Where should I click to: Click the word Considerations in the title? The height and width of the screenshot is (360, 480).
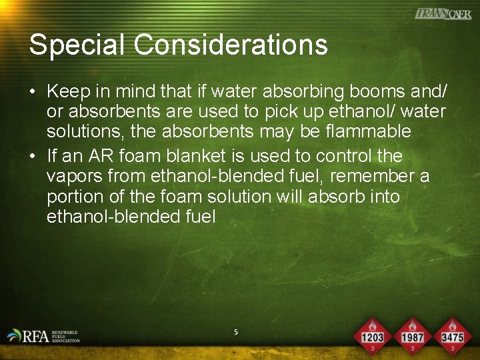point(231,45)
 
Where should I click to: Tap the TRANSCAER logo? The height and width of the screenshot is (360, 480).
point(443,13)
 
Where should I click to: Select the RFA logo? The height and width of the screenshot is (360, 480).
point(43,335)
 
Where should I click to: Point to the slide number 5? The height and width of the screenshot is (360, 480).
point(235,331)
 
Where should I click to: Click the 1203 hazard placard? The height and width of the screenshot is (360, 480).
point(372,335)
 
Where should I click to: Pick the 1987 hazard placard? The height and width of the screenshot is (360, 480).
point(413,335)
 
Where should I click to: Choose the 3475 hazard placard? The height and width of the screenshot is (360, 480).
point(453,335)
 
